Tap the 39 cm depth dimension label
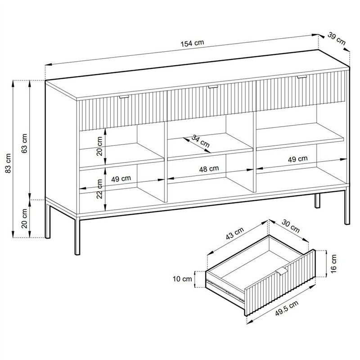337,38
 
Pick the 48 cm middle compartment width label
209,168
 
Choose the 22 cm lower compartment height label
99,190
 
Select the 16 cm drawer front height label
334,265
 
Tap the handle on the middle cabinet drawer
212,86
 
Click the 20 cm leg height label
25,218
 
